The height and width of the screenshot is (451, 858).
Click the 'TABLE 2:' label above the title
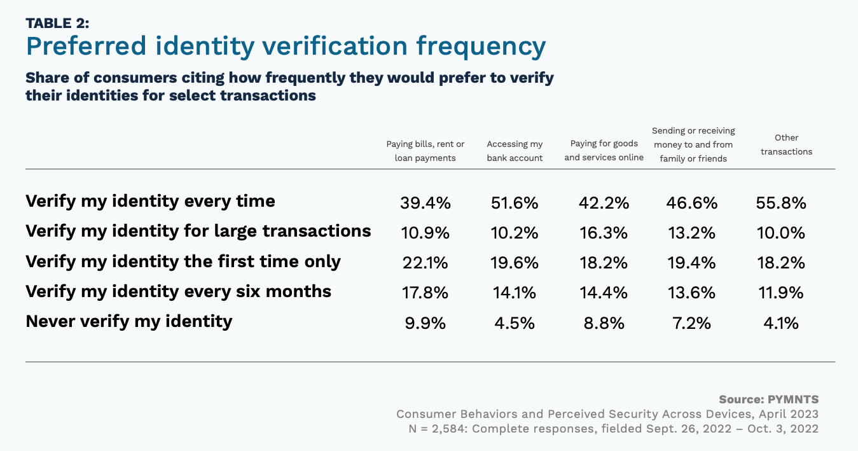(x=57, y=24)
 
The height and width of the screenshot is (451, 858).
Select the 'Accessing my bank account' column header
(x=515, y=151)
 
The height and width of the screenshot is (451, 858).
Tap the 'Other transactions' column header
(x=786, y=144)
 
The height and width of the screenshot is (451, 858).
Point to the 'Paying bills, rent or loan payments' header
(x=425, y=151)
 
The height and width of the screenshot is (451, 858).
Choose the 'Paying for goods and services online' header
(x=604, y=151)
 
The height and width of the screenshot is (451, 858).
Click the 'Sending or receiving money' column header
(x=693, y=144)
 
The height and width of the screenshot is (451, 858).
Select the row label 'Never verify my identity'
(x=128, y=321)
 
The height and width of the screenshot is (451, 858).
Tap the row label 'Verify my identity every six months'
(x=178, y=291)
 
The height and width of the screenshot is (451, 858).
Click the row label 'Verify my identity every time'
(x=150, y=202)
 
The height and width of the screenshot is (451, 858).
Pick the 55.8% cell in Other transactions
(x=781, y=203)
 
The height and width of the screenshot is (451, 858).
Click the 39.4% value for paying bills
(x=425, y=203)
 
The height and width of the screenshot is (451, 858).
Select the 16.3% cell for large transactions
(x=604, y=233)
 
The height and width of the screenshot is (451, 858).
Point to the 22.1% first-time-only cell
(x=425, y=263)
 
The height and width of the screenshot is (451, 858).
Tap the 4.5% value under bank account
(x=515, y=323)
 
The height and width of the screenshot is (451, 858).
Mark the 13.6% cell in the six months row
(x=692, y=293)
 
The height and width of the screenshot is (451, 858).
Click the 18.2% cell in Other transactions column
(x=781, y=263)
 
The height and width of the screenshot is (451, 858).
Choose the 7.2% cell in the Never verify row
(x=692, y=323)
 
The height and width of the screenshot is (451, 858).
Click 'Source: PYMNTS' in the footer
(x=768, y=399)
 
